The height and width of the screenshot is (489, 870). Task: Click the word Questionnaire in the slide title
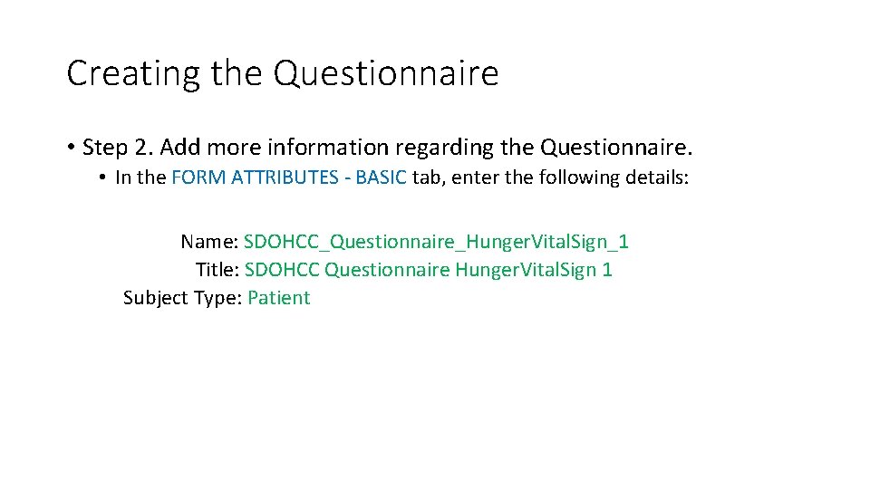pyautogui.click(x=386, y=74)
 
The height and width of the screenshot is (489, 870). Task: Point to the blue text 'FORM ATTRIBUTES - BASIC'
pyautogui.click(x=289, y=177)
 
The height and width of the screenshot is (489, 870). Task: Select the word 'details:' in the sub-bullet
pyautogui.click(x=658, y=177)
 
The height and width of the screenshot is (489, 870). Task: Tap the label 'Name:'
pyautogui.click(x=209, y=242)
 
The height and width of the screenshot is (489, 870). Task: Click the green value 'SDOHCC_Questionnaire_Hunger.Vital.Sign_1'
pyautogui.click(x=436, y=242)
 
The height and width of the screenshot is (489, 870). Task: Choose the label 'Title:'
pyautogui.click(x=217, y=270)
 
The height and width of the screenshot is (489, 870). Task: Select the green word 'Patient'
pyautogui.click(x=278, y=298)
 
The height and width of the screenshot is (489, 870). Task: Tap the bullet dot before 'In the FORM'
pyautogui.click(x=104, y=177)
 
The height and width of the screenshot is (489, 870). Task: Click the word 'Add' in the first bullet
pyautogui.click(x=178, y=147)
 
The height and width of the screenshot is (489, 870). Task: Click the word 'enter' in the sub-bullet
pyautogui.click(x=475, y=177)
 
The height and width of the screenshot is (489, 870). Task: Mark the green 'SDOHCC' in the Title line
pyautogui.click(x=282, y=270)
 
